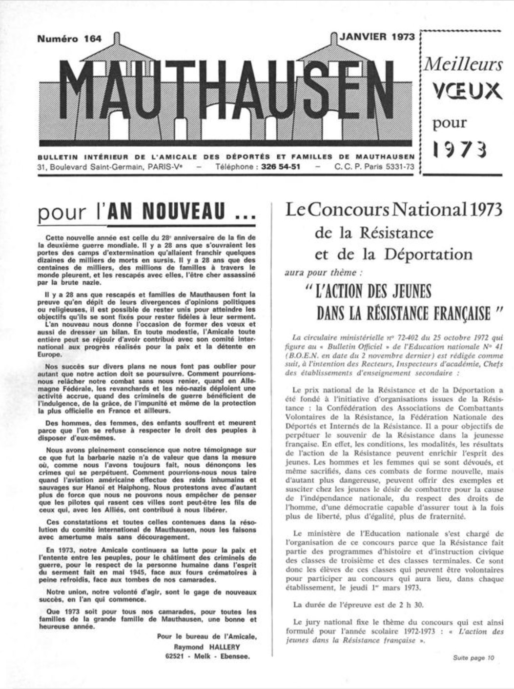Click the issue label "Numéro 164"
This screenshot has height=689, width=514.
click(69, 39)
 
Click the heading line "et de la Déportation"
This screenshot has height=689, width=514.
click(393, 254)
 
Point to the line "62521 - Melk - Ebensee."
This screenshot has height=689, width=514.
click(207, 656)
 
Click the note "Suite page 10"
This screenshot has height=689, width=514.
click(473, 658)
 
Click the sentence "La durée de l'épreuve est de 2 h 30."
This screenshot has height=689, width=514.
click(359, 605)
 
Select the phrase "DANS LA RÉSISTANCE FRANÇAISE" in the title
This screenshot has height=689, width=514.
click(403, 313)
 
